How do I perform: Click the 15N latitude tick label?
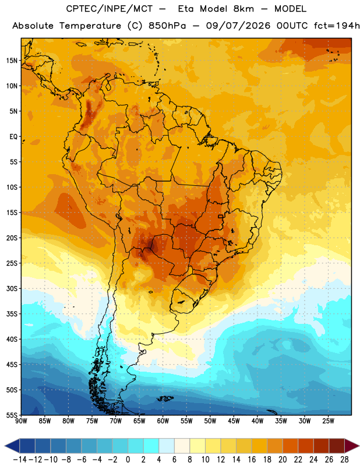click(x=12, y=61)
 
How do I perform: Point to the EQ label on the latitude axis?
click(x=13, y=137)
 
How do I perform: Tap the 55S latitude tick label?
click(x=12, y=415)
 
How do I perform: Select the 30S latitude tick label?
click(x=12, y=288)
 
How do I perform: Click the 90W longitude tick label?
click(x=21, y=421)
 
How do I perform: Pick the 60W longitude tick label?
click(x=163, y=421)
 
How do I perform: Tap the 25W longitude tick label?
click(x=328, y=421)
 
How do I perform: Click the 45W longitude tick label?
click(x=234, y=421)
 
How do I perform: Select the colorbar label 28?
click(x=344, y=460)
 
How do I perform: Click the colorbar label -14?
click(x=20, y=460)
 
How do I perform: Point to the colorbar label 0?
click(x=128, y=460)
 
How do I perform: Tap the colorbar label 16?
click(x=252, y=460)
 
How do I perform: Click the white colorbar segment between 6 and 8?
click(x=182, y=446)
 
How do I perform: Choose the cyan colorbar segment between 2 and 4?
click(x=151, y=446)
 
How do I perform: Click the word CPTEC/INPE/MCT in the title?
click(x=109, y=9)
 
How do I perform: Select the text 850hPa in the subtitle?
click(x=167, y=26)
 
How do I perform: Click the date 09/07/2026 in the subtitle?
click(x=238, y=26)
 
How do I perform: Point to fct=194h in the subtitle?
click(x=337, y=26)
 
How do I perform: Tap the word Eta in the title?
click(x=186, y=9)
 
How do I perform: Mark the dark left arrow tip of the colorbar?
click(x=5, y=446)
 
